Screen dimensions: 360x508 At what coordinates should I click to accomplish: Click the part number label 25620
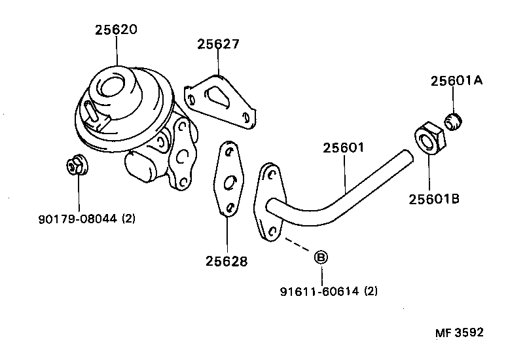[117, 29]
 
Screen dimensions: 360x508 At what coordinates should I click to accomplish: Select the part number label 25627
[218, 45]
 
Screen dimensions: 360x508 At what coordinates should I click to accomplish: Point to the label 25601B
[434, 198]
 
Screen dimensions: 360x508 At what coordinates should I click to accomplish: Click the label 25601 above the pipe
[343, 148]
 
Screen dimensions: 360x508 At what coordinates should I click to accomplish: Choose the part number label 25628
[227, 261]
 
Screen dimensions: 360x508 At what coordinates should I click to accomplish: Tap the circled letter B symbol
[321, 257]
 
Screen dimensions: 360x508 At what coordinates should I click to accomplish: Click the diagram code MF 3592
[459, 333]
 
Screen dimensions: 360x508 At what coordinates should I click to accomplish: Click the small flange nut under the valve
[78, 166]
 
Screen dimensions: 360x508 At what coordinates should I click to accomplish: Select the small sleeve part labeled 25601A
[452, 121]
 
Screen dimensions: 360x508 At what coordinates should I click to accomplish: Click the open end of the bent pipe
[407, 157]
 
